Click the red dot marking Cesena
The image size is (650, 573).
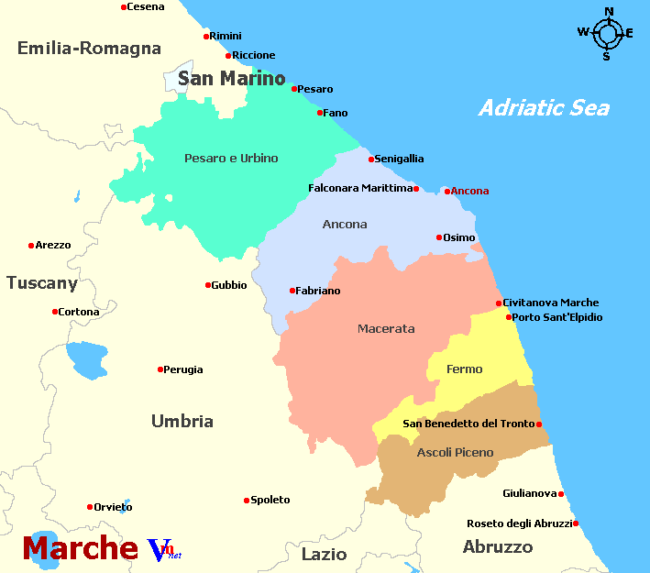pyautogui.click(x=124, y=7)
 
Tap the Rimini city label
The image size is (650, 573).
pyautogui.click(x=226, y=36)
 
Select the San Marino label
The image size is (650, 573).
pyautogui.click(x=231, y=79)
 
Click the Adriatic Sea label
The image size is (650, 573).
pyautogui.click(x=544, y=108)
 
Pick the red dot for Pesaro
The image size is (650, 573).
pyautogui.click(x=294, y=89)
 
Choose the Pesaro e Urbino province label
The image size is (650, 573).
pyautogui.click(x=231, y=159)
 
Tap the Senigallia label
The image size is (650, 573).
pyautogui.click(x=399, y=159)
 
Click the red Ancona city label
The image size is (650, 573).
pyautogui.click(x=469, y=191)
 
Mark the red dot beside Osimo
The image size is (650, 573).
pyautogui.click(x=439, y=237)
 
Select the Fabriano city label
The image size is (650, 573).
pyautogui.click(x=318, y=291)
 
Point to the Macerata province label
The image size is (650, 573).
pyautogui.click(x=386, y=328)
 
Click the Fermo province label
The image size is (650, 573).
pyautogui.click(x=464, y=369)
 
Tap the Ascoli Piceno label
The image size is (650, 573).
pyautogui.click(x=455, y=452)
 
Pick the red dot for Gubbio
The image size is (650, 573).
pyautogui.click(x=208, y=285)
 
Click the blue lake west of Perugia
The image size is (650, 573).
pyautogui.click(x=86, y=360)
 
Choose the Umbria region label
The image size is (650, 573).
pyautogui.click(x=182, y=422)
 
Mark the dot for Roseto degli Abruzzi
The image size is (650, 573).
pyautogui.click(x=576, y=523)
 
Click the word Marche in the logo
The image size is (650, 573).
pyautogui.click(x=81, y=547)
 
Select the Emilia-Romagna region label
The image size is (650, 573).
pyautogui.click(x=89, y=49)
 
